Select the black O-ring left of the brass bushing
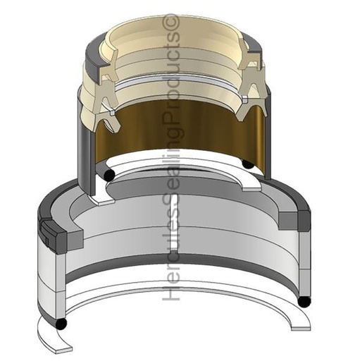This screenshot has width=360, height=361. [109, 175]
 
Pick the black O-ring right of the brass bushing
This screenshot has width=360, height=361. [249, 164]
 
